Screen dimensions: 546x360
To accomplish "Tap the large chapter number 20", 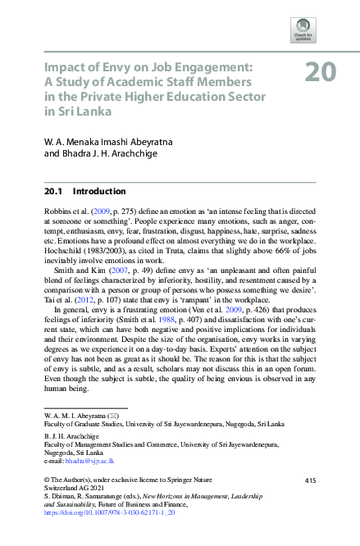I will click(320, 74).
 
